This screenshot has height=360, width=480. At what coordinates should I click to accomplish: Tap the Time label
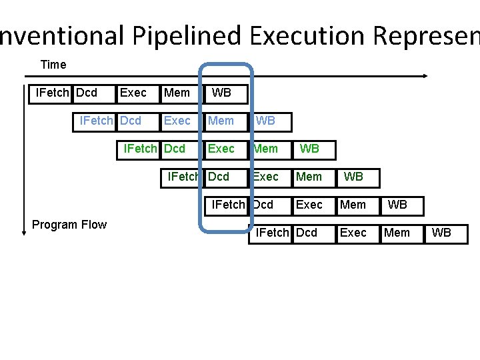(x=53, y=65)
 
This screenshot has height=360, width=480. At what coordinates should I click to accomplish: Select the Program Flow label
(x=69, y=225)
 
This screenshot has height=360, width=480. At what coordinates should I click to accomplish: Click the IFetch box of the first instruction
(x=51, y=93)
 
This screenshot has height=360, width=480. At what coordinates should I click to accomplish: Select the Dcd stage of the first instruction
(x=87, y=93)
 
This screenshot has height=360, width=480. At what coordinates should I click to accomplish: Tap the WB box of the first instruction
(x=221, y=93)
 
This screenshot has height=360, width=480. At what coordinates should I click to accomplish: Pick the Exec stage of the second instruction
(x=177, y=121)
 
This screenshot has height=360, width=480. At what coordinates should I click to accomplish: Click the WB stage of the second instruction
(x=265, y=121)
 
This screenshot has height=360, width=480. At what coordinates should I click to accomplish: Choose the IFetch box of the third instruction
(x=139, y=149)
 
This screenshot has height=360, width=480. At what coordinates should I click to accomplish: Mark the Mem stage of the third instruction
(x=265, y=149)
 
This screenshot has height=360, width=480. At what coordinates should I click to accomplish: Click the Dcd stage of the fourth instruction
(x=219, y=177)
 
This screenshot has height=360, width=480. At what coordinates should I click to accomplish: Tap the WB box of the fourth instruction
(x=353, y=177)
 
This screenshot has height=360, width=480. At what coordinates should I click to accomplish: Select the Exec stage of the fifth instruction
(x=309, y=205)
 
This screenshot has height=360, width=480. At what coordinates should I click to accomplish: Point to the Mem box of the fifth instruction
(x=353, y=205)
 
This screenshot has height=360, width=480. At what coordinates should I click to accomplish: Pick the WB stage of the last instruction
(x=441, y=233)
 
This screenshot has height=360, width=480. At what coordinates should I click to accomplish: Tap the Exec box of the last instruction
(x=353, y=233)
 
